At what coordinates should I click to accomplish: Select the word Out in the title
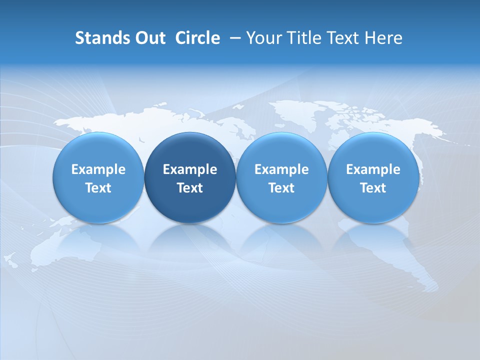pyautogui.click(x=148, y=38)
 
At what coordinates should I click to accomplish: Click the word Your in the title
pyautogui.click(x=263, y=38)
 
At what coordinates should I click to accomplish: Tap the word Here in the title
pyautogui.click(x=382, y=38)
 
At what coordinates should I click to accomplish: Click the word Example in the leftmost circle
pyautogui.click(x=98, y=169)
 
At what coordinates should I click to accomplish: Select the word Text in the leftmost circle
pyautogui.click(x=98, y=188)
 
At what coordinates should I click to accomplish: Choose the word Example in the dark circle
pyautogui.click(x=190, y=169)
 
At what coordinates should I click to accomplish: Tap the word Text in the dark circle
pyautogui.click(x=190, y=188)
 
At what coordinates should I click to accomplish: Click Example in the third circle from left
pyautogui.click(x=281, y=169)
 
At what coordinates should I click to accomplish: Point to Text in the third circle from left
pyautogui.click(x=281, y=188)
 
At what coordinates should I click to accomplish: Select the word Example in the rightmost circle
pyautogui.click(x=373, y=169)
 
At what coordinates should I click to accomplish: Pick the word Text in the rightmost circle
pyautogui.click(x=373, y=188)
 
